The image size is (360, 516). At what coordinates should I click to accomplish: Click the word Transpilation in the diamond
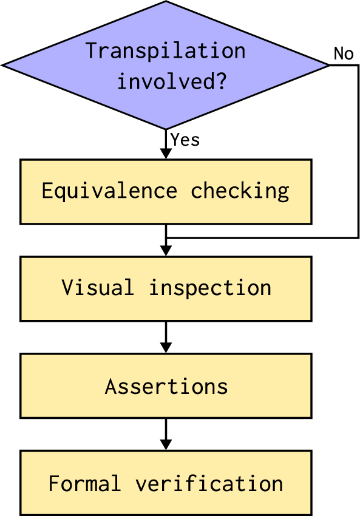tap(165, 50)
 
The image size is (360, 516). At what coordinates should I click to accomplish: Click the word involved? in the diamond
tap(172, 81)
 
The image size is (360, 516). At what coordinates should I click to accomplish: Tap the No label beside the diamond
tap(344, 54)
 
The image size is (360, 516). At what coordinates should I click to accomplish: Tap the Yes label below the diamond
tap(185, 140)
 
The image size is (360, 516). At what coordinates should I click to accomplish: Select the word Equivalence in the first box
tap(109, 191)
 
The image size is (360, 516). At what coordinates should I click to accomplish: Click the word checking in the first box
tap(240, 191)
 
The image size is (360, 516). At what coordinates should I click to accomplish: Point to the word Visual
tap(97, 288)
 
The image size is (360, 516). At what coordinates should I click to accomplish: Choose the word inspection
tap(210, 288)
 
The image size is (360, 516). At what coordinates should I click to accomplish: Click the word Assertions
tap(166, 386)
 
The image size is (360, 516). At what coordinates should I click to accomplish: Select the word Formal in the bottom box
tap(84, 484)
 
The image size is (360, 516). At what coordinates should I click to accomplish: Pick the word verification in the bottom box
tap(209, 484)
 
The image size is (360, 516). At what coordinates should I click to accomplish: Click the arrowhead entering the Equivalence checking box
tap(166, 154)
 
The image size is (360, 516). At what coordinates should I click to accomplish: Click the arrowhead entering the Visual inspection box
tap(166, 251)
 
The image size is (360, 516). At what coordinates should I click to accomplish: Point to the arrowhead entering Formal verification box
tap(166, 446)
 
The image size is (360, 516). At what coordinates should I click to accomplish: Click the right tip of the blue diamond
tap(328, 64)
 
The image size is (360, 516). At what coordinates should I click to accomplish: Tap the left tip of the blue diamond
tap(3, 64)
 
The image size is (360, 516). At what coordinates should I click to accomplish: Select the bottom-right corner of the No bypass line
tap(358, 237)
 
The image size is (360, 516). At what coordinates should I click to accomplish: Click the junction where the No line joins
tap(166, 237)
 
